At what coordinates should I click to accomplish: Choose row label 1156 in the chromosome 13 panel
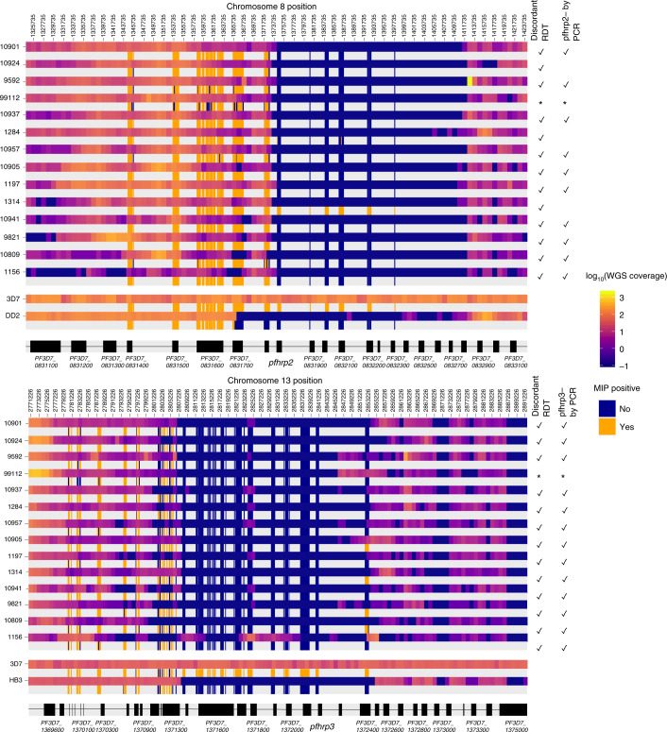click(12, 638)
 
